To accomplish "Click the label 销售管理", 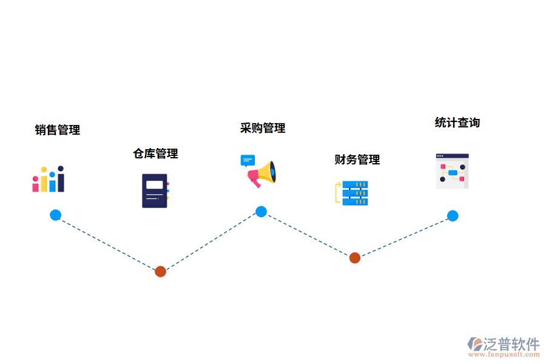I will (x=58, y=130).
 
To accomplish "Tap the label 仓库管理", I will (x=155, y=153).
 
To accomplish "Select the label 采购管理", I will (x=263, y=128).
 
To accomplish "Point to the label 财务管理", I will (x=357, y=160).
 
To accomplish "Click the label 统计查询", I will (x=457, y=123).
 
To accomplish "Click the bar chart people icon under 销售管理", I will (x=49, y=180).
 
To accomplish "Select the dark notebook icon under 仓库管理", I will (x=155, y=190).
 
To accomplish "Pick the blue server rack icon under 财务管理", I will (x=355, y=193).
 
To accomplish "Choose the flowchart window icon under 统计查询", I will (x=453, y=171).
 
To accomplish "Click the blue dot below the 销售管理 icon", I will (x=55, y=215).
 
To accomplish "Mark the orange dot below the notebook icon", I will (x=160, y=271).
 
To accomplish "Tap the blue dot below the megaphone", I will (x=261, y=212).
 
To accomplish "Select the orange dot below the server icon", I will (x=355, y=258).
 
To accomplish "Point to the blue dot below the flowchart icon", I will (x=453, y=215).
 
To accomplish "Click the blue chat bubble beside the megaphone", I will (x=248, y=160).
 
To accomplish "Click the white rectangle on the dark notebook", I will (x=155, y=184).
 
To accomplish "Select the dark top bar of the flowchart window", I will (x=453, y=156).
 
